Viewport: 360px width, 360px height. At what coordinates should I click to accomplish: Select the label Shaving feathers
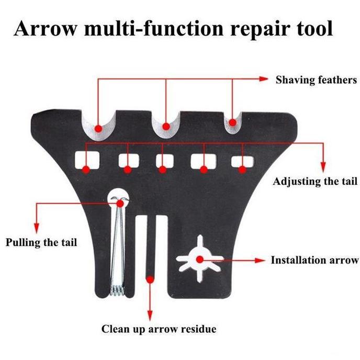click(316, 80)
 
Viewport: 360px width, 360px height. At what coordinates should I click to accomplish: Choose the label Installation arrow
click(314, 260)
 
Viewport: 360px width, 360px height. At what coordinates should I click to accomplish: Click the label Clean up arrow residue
click(158, 329)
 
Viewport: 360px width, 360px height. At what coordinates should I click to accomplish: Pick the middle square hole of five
click(163, 161)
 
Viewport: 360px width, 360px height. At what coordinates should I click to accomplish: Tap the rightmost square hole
click(242, 161)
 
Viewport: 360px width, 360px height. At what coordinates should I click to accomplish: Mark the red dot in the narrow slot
click(151, 279)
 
